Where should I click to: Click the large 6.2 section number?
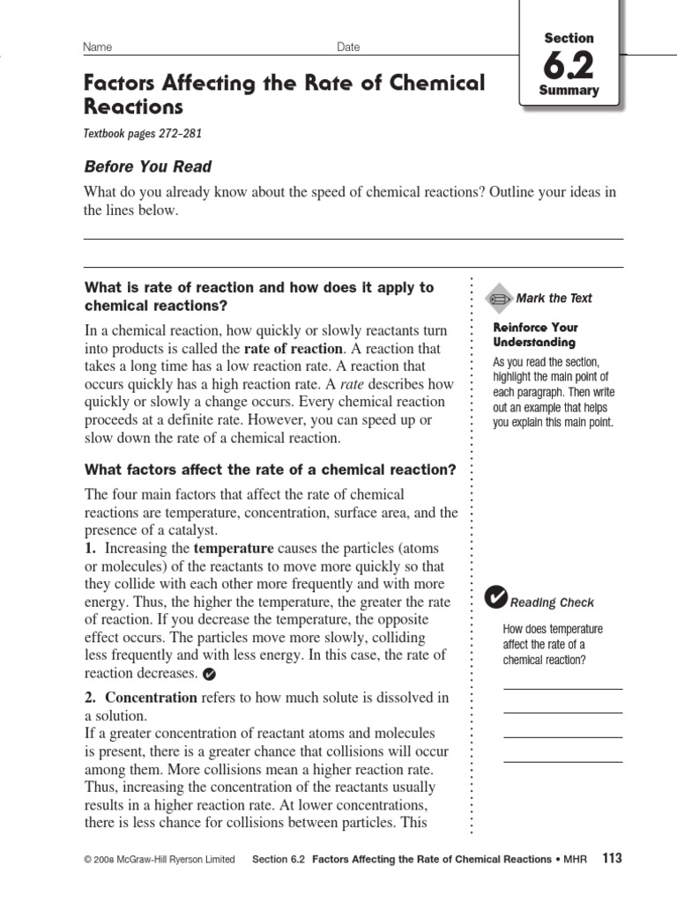[569, 65]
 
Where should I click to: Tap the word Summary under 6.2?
[569, 90]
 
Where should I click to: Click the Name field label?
[97, 47]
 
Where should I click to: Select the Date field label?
[348, 47]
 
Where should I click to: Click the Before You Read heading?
[147, 166]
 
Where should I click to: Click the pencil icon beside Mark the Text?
[499, 299]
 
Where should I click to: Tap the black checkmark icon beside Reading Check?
[496, 599]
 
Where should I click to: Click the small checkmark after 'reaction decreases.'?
[209, 675]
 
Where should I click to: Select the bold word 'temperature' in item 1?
[234, 548]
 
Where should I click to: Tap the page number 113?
[612, 858]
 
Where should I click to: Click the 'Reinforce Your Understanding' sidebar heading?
[535, 335]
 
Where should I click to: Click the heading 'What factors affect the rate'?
[270, 470]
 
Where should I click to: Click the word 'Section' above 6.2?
[569, 38]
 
